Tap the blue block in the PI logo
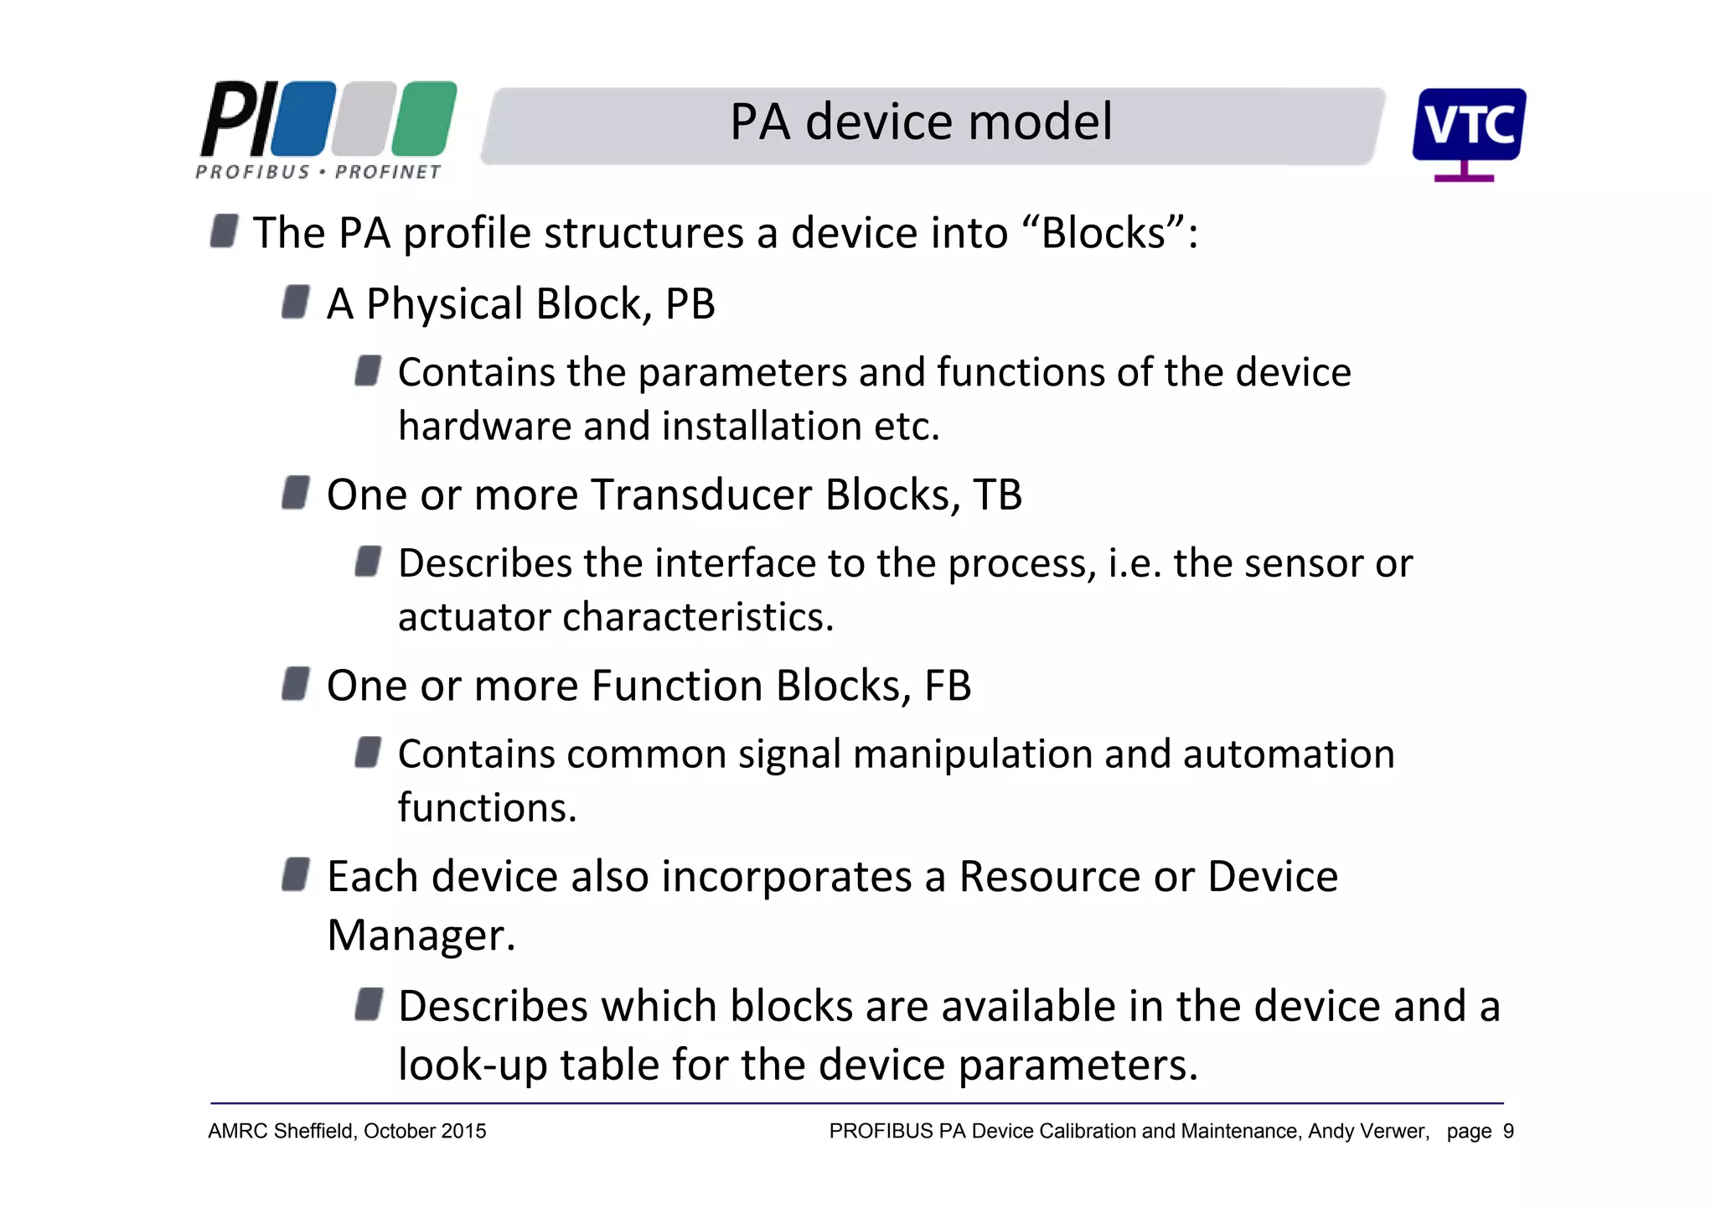303,118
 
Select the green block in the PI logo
425,118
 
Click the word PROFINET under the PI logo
388,173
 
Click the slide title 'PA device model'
921,122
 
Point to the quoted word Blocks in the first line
1104,233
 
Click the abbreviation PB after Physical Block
690,303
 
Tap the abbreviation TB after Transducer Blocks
997,495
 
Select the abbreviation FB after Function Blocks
948,686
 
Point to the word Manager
421,936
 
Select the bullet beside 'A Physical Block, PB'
296,303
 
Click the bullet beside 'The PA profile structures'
224,231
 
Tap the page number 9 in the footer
1508,1132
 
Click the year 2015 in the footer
463,1132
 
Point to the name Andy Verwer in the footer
1368,1132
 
